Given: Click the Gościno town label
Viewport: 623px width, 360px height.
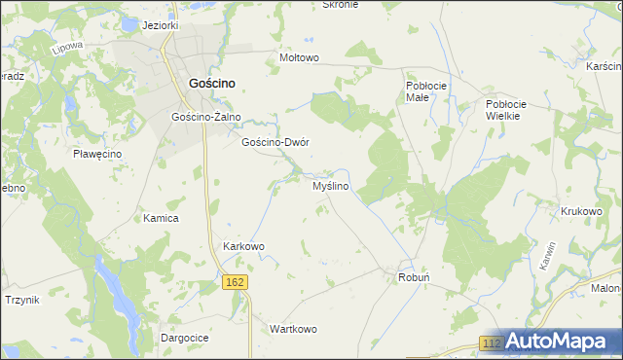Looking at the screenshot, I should [x=209, y=85].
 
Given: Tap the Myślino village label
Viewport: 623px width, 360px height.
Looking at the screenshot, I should [x=331, y=186].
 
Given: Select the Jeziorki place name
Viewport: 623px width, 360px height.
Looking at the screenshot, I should [x=161, y=25].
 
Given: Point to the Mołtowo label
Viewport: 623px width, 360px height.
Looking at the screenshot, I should [x=299, y=57].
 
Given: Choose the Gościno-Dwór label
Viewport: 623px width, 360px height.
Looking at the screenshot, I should [x=275, y=142].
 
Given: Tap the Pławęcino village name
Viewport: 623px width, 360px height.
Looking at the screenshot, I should [x=95, y=154].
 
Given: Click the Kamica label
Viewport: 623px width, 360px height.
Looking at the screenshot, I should [x=161, y=219].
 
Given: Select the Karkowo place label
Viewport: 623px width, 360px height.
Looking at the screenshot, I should [x=244, y=246].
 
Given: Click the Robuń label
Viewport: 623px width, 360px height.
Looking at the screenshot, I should [x=414, y=277].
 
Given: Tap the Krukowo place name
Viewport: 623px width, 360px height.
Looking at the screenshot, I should [x=581, y=210].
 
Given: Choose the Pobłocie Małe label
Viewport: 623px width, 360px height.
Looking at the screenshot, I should [x=426, y=91].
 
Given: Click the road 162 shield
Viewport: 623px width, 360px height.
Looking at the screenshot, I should [x=234, y=282].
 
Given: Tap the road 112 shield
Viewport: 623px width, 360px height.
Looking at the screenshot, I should [x=493, y=344].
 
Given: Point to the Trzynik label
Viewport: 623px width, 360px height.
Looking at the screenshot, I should [x=21, y=300].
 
